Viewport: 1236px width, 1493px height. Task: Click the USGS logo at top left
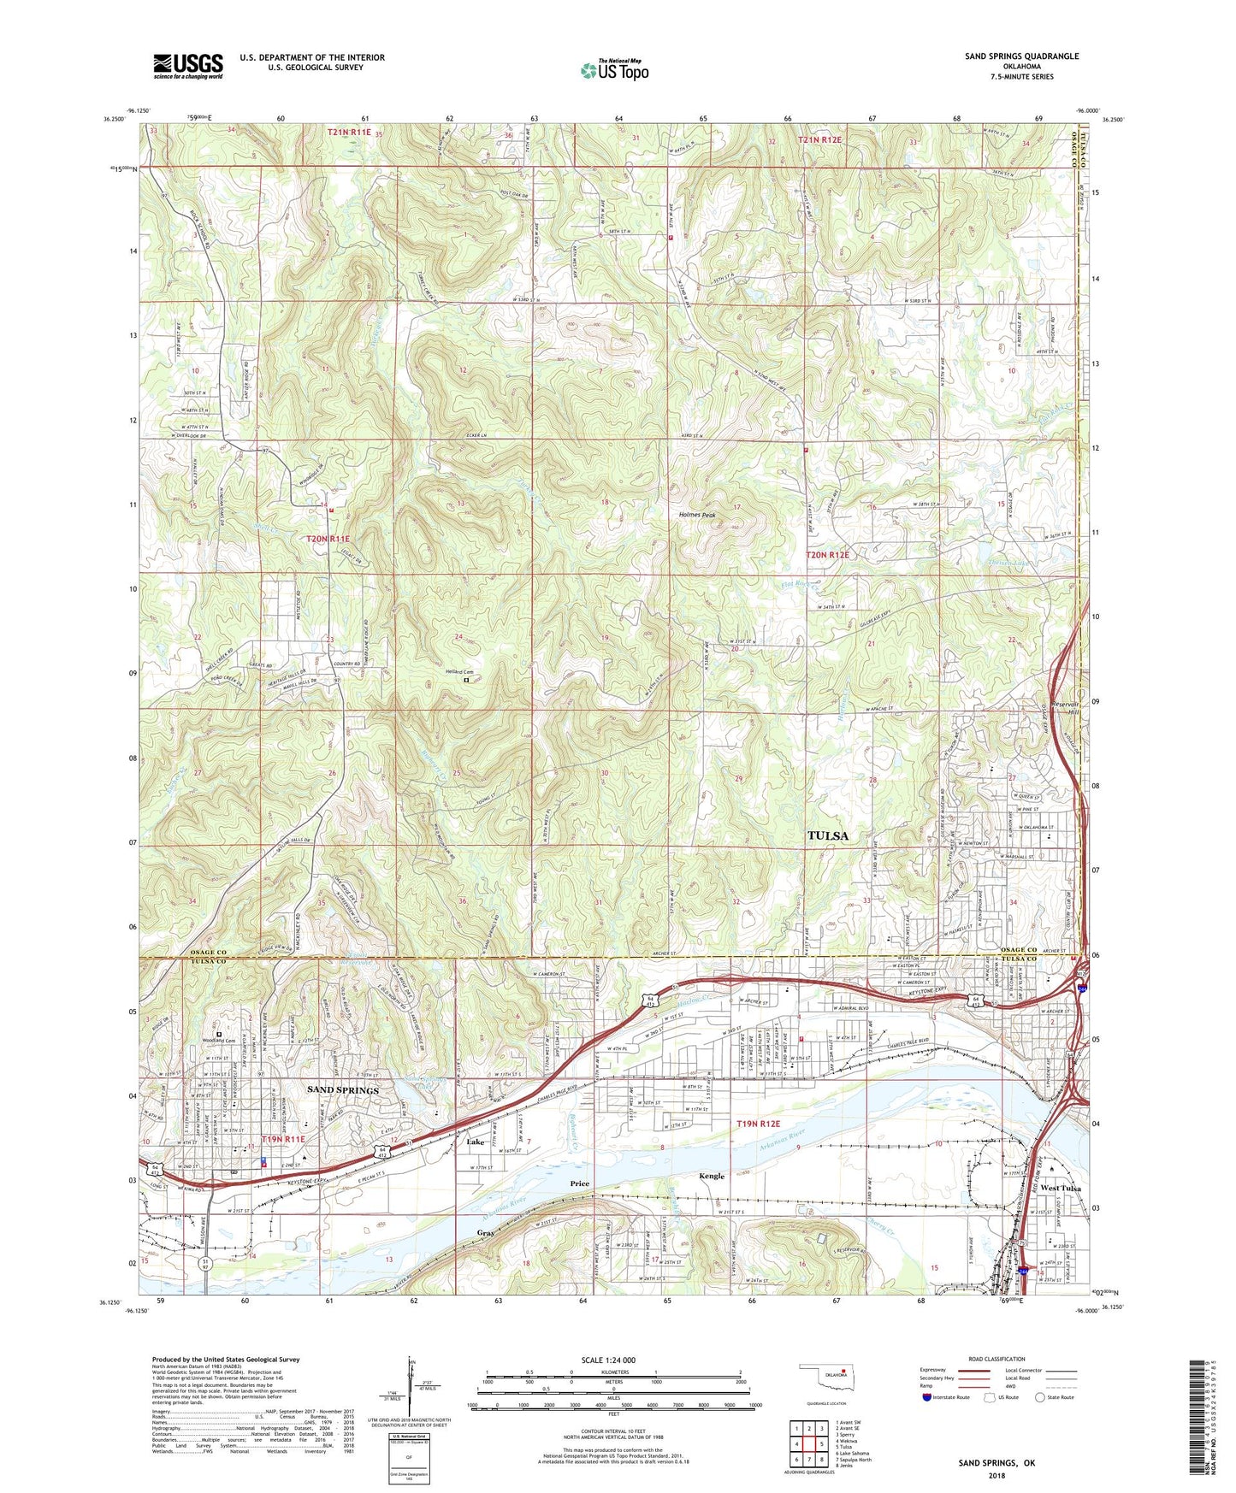click(x=188, y=66)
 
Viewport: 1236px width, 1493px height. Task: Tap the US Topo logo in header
click(x=612, y=70)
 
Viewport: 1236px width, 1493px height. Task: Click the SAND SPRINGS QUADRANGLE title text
click(x=1021, y=56)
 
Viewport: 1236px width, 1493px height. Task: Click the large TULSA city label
click(x=828, y=835)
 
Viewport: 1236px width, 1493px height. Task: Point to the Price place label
click(x=580, y=1183)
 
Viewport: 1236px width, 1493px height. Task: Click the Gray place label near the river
click(x=486, y=1233)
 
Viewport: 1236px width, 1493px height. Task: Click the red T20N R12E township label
click(x=828, y=555)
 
